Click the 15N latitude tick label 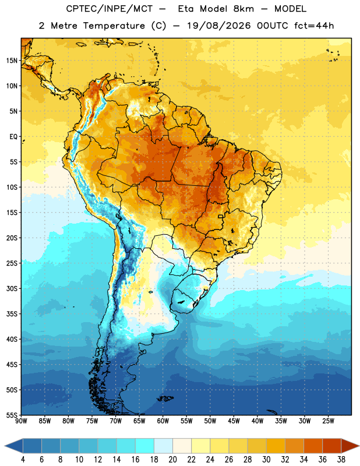[x=12, y=61]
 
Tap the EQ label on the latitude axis [x=13, y=137]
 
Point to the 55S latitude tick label [x=12, y=415]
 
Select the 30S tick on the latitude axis [x=12, y=288]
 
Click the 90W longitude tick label [x=21, y=421]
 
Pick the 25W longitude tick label [x=328, y=421]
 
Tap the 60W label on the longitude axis [x=163, y=421]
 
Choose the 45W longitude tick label [x=234, y=421]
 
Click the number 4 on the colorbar [x=23, y=460]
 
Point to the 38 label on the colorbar [x=341, y=460]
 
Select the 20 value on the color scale [x=172, y=460]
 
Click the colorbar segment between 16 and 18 [x=145, y=446]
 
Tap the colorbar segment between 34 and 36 [x=313, y=446]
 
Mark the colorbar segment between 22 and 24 [x=200, y=446]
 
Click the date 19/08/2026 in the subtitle [x=219, y=26]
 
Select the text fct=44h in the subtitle [x=314, y=26]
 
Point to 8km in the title [x=243, y=9]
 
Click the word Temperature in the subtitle [x=114, y=26]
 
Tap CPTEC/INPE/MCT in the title [x=109, y=9]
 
